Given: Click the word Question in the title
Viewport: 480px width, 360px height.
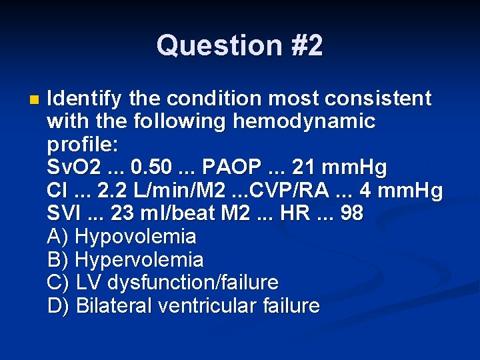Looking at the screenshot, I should [208, 45].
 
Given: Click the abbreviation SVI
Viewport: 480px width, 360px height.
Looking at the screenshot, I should [64, 213].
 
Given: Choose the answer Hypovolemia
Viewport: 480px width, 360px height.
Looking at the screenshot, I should [136, 237].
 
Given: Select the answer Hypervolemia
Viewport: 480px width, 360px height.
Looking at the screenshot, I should [139, 259].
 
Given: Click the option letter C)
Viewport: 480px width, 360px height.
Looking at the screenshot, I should [59, 282].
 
